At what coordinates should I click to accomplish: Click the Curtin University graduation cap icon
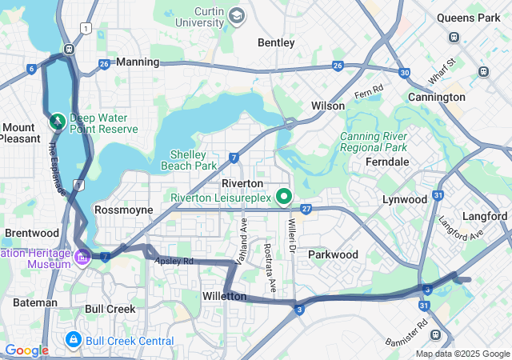[237, 15]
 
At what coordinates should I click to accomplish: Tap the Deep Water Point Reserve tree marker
[57, 122]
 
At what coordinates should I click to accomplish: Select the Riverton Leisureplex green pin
[283, 196]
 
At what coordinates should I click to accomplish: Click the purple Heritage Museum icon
[84, 257]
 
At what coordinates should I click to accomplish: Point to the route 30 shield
[405, 73]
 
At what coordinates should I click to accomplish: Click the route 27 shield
[305, 210]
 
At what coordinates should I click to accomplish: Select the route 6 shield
[31, 69]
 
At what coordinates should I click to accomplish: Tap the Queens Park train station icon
[454, 37]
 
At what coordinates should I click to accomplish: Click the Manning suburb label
[138, 62]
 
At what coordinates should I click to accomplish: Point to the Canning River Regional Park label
[374, 141]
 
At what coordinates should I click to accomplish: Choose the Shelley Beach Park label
[194, 160]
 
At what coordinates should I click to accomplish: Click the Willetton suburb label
[224, 296]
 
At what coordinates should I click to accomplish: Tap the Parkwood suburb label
[333, 254]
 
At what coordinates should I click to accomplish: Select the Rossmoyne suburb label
[123, 210]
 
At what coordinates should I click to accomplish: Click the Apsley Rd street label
[174, 262]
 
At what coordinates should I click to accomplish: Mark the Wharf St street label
[441, 70]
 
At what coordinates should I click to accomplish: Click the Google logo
[26, 350]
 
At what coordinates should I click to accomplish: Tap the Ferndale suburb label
[386, 162]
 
